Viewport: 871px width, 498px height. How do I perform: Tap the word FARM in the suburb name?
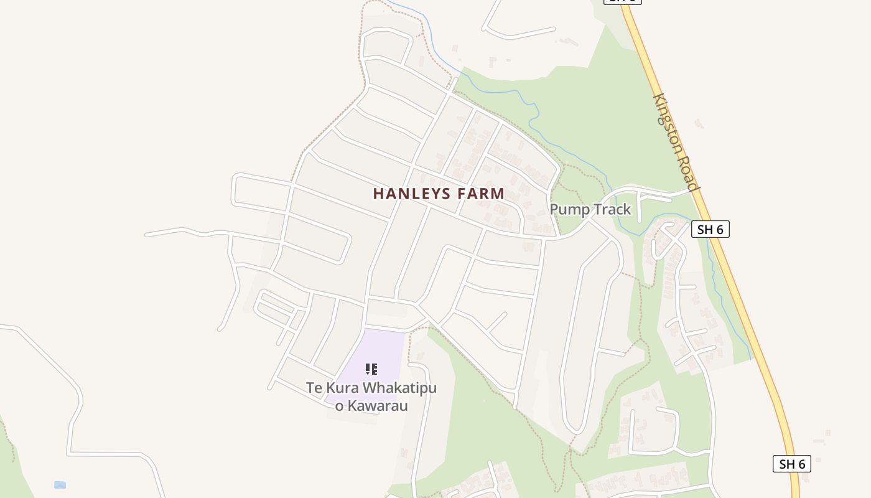481,194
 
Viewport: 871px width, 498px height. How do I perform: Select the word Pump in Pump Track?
568,209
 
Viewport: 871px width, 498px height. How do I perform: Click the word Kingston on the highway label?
669,128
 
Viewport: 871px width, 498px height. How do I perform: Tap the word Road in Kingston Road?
691,176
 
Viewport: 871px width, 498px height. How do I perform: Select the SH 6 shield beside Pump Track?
710,229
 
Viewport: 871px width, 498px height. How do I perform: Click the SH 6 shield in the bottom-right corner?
792,464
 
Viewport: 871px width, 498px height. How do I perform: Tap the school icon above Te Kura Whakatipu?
371,369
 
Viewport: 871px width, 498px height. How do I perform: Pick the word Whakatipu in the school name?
399,388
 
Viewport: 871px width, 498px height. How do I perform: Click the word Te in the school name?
314,388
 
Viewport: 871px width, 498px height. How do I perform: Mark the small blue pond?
60,485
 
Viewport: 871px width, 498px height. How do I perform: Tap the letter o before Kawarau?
339,407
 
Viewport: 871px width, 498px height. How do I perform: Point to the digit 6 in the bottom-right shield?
801,464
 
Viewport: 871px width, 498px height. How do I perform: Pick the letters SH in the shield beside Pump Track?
705,229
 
